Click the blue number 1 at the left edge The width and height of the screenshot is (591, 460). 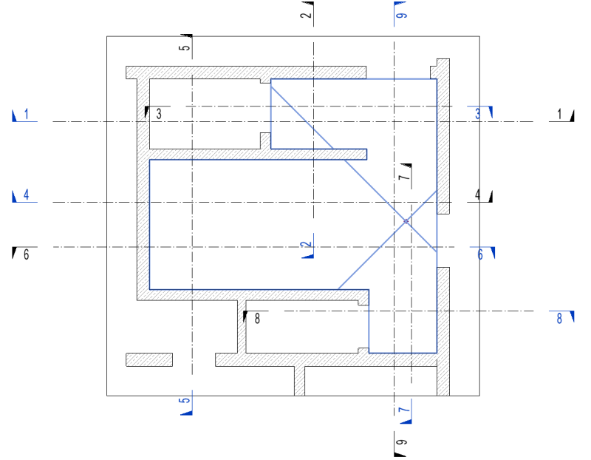click(x=27, y=114)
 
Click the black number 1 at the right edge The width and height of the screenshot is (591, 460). click(x=559, y=114)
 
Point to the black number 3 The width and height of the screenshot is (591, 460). click(x=158, y=114)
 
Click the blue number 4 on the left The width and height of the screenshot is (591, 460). click(x=27, y=195)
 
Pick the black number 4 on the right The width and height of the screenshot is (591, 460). click(x=477, y=195)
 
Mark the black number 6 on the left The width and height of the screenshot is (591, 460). click(x=27, y=254)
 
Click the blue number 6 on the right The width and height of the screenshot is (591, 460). click(x=479, y=254)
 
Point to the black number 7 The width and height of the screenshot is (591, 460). click(x=403, y=177)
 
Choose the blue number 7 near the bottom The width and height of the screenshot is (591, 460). click(x=403, y=410)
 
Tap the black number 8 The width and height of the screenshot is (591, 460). click(x=257, y=319)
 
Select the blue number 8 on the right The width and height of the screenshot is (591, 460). click(x=559, y=319)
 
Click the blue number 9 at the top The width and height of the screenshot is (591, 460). click(x=403, y=14)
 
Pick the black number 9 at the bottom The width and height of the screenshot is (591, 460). click(x=403, y=443)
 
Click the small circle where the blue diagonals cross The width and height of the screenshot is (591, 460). click(x=406, y=220)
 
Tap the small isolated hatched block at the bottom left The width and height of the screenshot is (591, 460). click(x=149, y=359)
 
